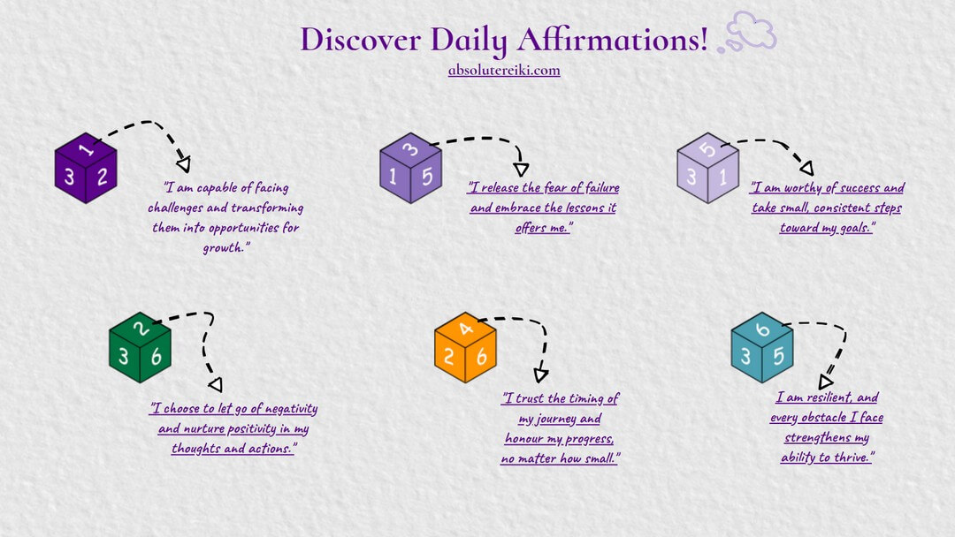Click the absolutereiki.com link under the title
coord(504,71)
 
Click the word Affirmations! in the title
coord(612,40)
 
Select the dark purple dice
coord(86,168)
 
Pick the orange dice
coord(465,347)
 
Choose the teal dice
coord(762,347)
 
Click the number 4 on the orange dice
coord(466,329)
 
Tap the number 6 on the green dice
coord(157,356)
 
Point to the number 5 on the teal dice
coord(778,356)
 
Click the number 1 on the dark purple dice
coord(86,148)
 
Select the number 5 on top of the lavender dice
coord(707,149)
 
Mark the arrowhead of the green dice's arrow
coord(215,384)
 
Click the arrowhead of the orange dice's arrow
coord(541,374)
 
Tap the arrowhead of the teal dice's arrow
coord(825,382)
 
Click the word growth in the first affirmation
coord(224,247)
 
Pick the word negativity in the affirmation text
coord(291,409)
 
